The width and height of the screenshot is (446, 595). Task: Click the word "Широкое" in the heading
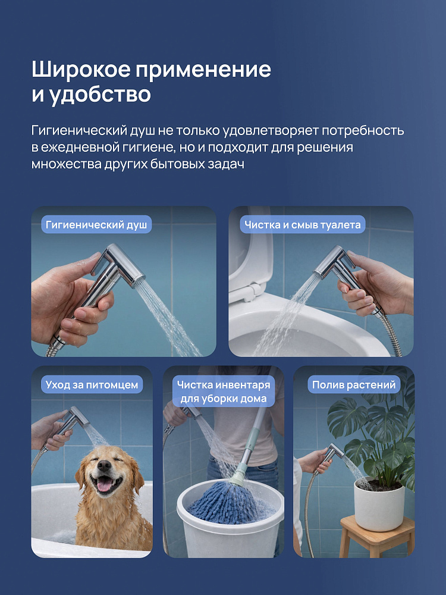[x=81, y=70]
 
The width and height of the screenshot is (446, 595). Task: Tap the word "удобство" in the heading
[x=100, y=94]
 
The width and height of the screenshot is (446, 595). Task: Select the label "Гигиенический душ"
[x=96, y=225]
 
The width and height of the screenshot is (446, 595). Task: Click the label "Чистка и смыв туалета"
[x=302, y=225]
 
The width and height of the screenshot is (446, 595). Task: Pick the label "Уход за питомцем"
[x=92, y=385]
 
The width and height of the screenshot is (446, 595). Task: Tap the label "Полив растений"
[x=353, y=385]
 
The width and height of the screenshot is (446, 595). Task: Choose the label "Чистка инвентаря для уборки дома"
[x=224, y=392]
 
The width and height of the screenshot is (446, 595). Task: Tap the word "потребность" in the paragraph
[x=363, y=130]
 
